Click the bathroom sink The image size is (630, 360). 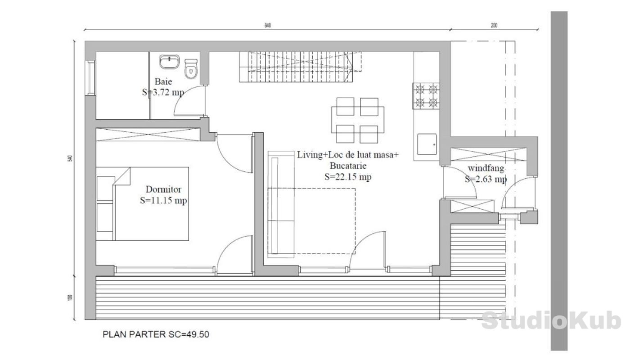point(169,62)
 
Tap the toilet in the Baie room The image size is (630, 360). point(191,69)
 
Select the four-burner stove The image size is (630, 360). point(426,96)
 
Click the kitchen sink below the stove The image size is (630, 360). point(427,144)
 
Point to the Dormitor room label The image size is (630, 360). point(163,189)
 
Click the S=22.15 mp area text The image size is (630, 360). point(348,177)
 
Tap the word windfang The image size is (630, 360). point(486,168)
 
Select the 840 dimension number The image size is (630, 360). point(267,26)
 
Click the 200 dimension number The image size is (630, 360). point(494,26)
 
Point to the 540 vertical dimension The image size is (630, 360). point(70,158)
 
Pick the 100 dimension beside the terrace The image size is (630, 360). point(70,297)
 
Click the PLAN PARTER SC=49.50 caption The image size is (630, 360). point(156,334)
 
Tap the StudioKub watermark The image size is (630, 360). point(551,321)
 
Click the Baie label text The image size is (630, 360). point(163,81)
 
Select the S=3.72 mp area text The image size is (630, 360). point(163,92)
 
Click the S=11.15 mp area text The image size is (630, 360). point(163,201)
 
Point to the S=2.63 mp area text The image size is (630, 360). point(486,179)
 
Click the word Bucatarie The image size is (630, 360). point(348,166)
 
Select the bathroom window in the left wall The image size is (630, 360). point(90,78)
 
